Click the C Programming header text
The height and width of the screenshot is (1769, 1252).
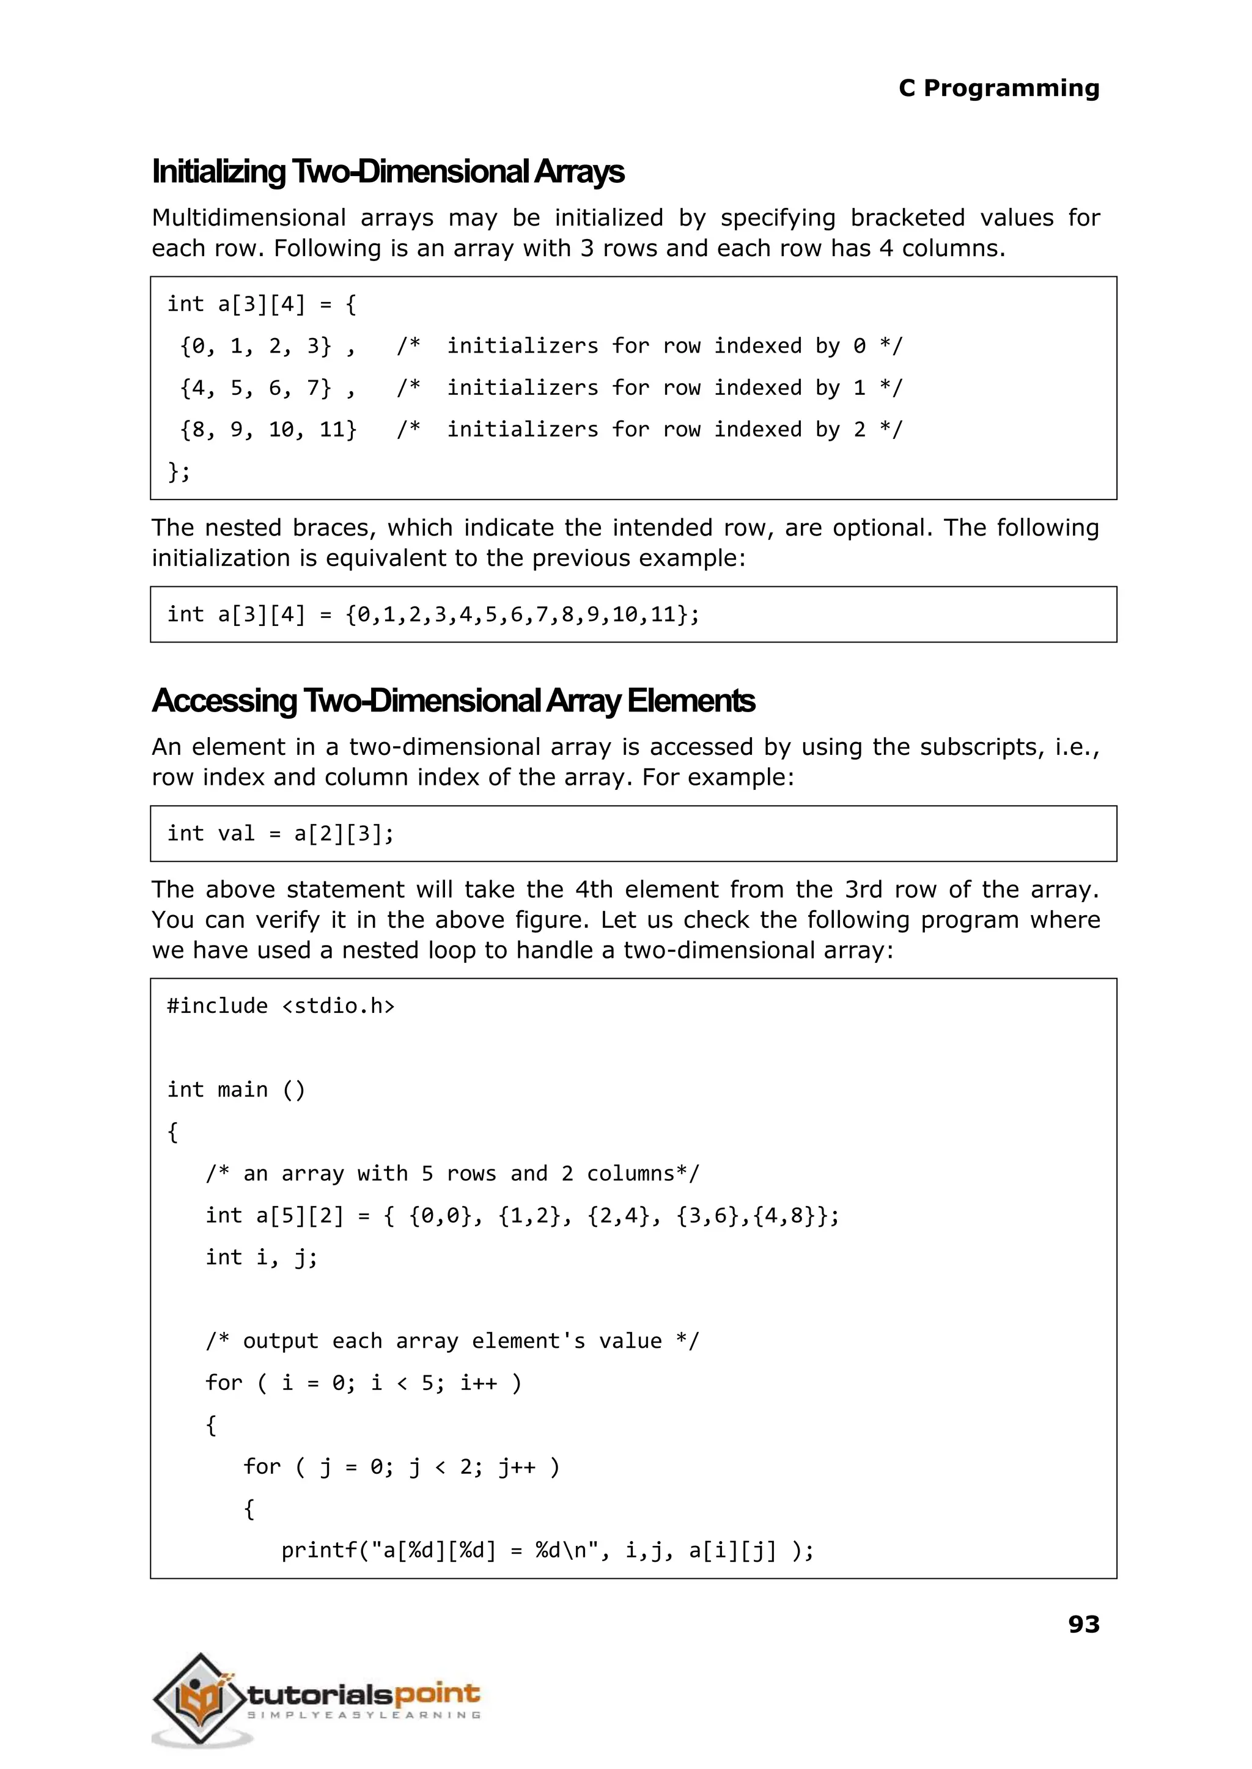coord(998,89)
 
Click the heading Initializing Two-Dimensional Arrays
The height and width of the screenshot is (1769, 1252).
coord(388,172)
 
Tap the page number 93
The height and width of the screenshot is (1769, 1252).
coord(1083,1624)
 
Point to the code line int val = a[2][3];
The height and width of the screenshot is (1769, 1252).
coord(281,833)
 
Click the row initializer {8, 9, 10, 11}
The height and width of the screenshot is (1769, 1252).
coord(268,429)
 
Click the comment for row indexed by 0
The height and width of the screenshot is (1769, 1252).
coord(649,346)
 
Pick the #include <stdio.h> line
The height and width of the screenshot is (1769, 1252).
coord(281,1006)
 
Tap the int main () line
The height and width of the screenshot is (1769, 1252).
coord(236,1090)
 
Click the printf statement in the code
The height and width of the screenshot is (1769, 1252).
coord(547,1550)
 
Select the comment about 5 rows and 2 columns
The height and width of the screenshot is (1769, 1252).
coord(452,1173)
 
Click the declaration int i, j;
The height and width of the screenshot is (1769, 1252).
coord(262,1257)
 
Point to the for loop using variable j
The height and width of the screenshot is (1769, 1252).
coord(402,1466)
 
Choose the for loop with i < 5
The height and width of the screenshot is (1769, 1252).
coord(363,1382)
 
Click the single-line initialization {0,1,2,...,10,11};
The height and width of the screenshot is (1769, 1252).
coord(522,614)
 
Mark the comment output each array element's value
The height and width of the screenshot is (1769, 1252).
coord(452,1341)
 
